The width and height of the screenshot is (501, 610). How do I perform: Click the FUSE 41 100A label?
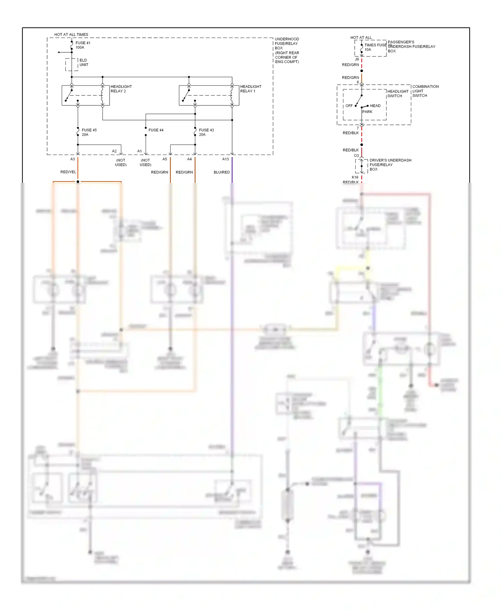point(83,45)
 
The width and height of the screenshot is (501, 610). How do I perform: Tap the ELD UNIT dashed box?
point(71,64)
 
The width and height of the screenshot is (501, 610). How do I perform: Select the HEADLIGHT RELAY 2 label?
point(121,89)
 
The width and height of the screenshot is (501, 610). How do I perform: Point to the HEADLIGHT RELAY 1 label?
point(251,89)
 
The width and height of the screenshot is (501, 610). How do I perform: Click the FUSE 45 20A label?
point(89,132)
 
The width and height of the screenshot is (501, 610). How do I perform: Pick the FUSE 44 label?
point(156,130)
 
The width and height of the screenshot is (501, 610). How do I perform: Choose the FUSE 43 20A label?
point(206,132)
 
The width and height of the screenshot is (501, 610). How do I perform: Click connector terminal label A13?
point(225,159)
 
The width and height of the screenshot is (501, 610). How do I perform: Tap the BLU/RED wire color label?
point(221,172)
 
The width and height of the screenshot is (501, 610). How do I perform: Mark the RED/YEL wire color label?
point(68,172)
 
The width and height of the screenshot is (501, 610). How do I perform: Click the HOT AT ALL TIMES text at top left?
point(71,34)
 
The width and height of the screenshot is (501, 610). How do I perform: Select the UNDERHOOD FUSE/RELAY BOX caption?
point(287,50)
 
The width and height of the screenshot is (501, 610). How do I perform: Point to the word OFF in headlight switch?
point(349,106)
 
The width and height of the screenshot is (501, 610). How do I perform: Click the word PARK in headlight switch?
point(367,112)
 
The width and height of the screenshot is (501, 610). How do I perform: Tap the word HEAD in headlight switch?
point(375,106)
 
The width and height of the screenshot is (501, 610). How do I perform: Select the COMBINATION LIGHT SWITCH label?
point(425,91)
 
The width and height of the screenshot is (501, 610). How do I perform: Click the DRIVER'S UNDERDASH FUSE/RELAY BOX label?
point(390,165)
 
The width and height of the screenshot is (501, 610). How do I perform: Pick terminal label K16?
point(355,177)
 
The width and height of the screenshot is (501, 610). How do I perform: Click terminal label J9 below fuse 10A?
point(357,59)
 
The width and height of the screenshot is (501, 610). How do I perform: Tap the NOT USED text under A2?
point(121,163)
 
